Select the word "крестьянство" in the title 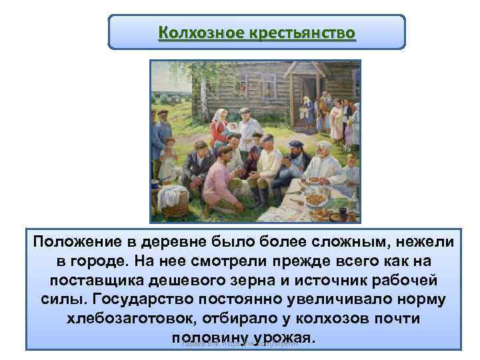pyautogui.click(x=299, y=33)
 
